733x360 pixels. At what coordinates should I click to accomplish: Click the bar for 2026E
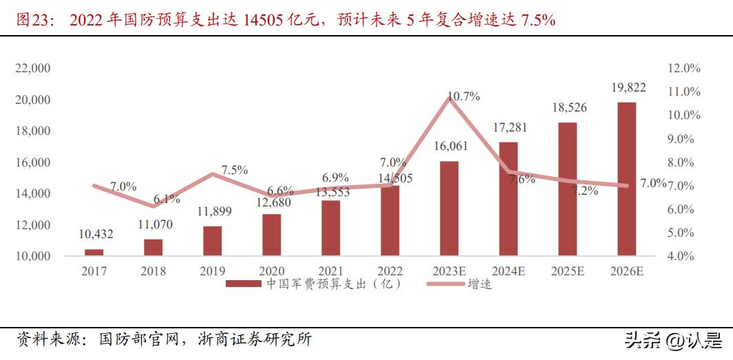coord(626,179)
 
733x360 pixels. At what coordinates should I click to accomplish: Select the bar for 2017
coord(94,253)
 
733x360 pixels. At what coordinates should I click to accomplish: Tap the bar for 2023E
coord(449,209)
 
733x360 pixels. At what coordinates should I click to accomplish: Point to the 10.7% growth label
coord(463,97)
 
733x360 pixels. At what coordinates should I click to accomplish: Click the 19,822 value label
coord(628,87)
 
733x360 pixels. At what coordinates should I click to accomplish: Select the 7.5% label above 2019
coord(234,170)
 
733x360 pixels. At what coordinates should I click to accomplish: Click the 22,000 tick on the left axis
coord(32,68)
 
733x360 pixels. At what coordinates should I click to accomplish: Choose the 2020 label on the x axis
coord(271,271)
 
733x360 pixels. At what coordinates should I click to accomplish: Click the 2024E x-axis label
coord(508,271)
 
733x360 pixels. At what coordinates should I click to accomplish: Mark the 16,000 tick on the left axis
coord(32,162)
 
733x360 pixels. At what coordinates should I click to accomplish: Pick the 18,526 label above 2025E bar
coord(569,108)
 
